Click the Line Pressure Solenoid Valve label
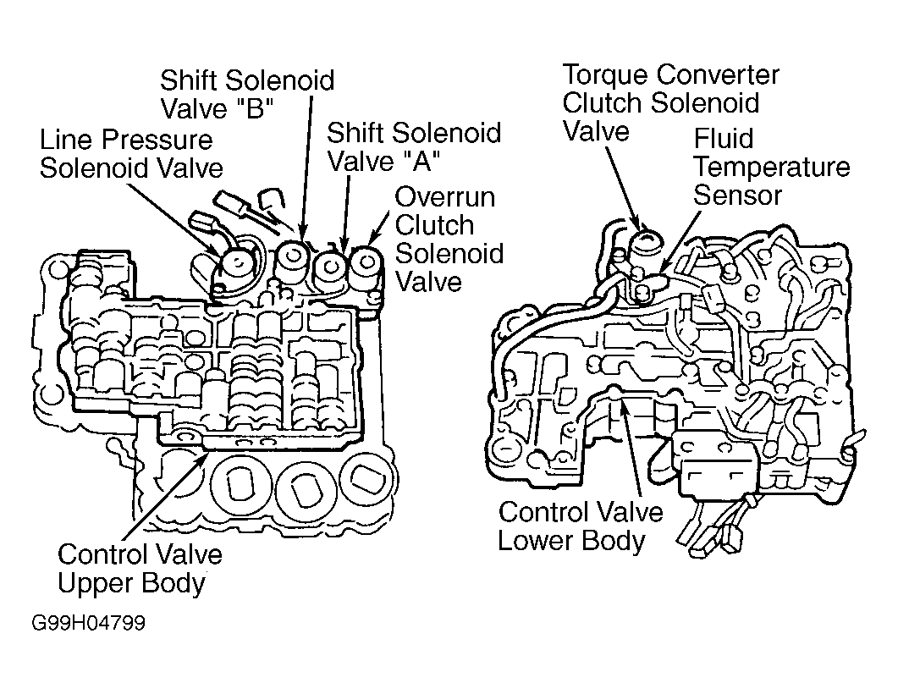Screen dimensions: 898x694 click(131, 154)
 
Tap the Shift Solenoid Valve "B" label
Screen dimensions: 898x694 click(247, 95)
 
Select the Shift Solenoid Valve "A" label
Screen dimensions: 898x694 click(414, 147)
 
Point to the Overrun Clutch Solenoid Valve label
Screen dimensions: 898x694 click(449, 240)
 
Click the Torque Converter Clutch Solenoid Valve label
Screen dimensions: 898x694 click(670, 103)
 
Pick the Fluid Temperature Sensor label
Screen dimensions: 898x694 click(771, 167)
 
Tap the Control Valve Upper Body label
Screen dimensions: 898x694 click(140, 570)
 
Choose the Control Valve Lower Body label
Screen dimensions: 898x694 click(580, 526)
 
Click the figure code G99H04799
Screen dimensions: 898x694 click(89, 622)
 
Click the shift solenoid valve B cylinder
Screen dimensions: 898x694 click(293, 262)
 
